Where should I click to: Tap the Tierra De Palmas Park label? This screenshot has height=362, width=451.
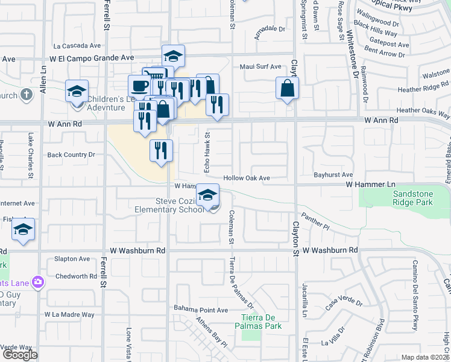pos(261,322)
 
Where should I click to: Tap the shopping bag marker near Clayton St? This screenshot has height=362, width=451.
pos(288,89)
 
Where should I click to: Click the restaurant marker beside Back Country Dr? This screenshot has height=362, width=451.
pos(161,151)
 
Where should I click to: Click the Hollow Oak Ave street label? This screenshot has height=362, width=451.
pos(246,178)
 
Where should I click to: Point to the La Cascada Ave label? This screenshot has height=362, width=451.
pos(77,45)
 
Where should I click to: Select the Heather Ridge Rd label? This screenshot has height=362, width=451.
pos(424,87)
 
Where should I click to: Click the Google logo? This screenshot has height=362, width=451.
pos(20,355)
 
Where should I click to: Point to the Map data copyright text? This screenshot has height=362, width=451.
pos(426,357)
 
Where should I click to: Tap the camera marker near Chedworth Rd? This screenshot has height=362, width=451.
pos(38,282)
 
